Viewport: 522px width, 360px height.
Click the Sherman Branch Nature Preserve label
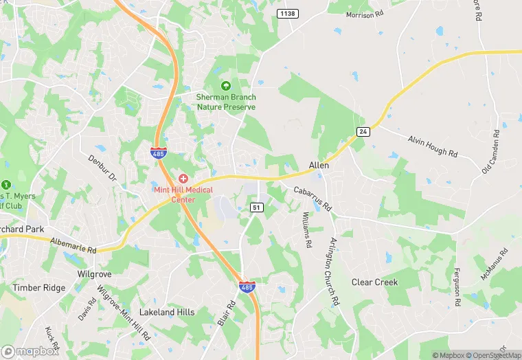pos(226,102)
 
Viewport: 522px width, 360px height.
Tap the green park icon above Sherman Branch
pos(226,86)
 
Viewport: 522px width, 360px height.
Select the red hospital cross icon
pos(183,179)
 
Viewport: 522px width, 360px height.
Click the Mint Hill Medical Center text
pos(183,194)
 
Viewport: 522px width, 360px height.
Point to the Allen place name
pos(319,166)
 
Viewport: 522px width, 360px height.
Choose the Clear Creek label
pos(374,282)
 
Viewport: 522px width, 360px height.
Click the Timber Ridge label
pos(38,289)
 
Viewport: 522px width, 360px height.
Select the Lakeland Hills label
pos(167,312)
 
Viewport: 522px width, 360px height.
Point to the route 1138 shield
pos(287,13)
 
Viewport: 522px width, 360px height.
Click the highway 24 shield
pos(363,131)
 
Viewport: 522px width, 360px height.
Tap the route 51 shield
pos(256,207)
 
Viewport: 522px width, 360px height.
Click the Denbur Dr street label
pos(103,169)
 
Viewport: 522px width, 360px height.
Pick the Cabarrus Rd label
pos(313,198)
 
